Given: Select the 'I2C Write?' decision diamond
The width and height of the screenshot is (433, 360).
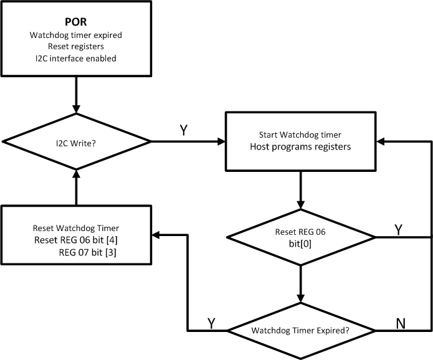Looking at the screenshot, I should pos(76,142).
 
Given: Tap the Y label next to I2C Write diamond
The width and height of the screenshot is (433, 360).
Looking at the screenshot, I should pos(184,131).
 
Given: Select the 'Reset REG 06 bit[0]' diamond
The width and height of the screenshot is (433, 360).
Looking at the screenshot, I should pos(301,237).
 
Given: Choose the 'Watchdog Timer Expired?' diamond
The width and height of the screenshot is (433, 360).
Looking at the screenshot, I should pos(301,331).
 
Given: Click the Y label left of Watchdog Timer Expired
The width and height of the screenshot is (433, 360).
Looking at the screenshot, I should pos(212,323).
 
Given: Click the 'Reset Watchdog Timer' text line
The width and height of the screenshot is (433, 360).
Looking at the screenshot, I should pos(75,228).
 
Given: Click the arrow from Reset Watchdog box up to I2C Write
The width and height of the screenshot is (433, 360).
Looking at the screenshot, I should pos(76,190).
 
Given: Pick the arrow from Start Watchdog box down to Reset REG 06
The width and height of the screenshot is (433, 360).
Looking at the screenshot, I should pos(301,190).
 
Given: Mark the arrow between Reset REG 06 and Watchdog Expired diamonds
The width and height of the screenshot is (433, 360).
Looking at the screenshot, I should pos(301,283).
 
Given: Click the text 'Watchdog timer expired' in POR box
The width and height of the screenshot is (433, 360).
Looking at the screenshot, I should pos(75,35).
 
